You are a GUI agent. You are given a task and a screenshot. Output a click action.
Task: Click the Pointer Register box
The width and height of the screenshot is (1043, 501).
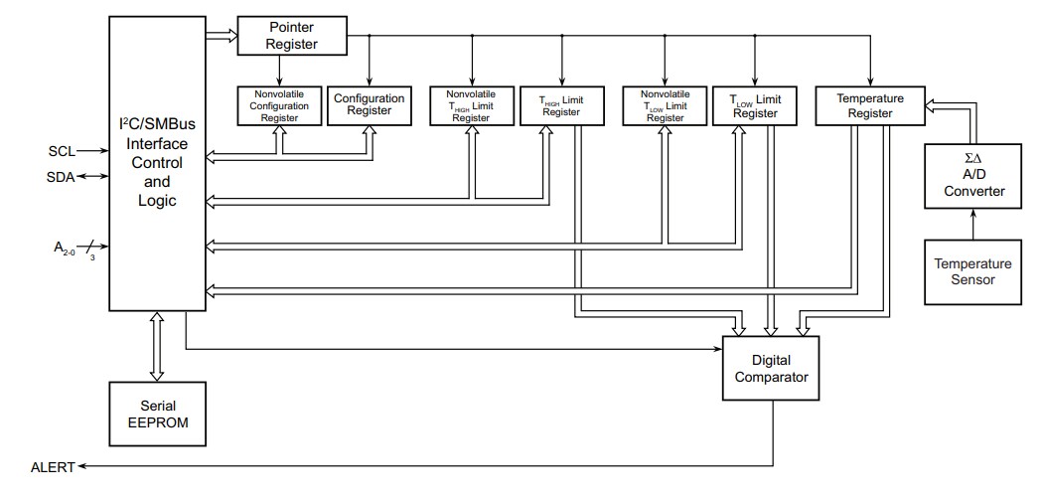click(292, 35)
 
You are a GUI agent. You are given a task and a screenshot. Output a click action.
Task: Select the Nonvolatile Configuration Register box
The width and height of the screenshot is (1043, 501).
click(279, 105)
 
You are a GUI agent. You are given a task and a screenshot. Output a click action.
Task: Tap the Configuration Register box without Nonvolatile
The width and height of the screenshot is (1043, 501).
click(369, 105)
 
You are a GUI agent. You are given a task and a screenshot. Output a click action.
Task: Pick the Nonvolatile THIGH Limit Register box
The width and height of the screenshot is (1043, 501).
click(471, 105)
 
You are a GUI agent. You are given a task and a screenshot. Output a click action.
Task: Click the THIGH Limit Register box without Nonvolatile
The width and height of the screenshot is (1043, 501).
click(560, 105)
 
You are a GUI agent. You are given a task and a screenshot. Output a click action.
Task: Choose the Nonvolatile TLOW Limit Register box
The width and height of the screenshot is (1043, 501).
click(664, 105)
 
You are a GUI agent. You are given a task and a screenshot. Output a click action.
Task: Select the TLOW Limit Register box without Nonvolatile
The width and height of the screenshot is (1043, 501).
click(754, 105)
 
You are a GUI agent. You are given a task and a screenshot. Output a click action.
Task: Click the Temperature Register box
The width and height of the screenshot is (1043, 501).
click(869, 105)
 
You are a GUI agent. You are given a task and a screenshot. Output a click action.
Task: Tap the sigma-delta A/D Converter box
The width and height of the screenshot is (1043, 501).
click(972, 176)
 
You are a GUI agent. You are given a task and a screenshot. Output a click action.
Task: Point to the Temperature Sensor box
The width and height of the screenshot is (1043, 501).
click(972, 271)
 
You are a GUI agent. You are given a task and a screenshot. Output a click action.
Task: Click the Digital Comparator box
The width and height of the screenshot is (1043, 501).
click(772, 368)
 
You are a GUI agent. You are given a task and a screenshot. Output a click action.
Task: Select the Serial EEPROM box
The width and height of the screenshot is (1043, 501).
click(156, 416)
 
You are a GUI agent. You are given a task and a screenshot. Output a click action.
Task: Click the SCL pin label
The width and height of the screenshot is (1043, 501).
click(62, 151)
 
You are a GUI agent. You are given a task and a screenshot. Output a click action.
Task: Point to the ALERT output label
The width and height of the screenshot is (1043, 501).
click(53, 466)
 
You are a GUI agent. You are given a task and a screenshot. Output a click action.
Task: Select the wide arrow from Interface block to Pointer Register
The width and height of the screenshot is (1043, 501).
click(221, 36)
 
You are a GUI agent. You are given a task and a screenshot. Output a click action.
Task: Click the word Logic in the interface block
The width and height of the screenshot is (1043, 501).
click(156, 200)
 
